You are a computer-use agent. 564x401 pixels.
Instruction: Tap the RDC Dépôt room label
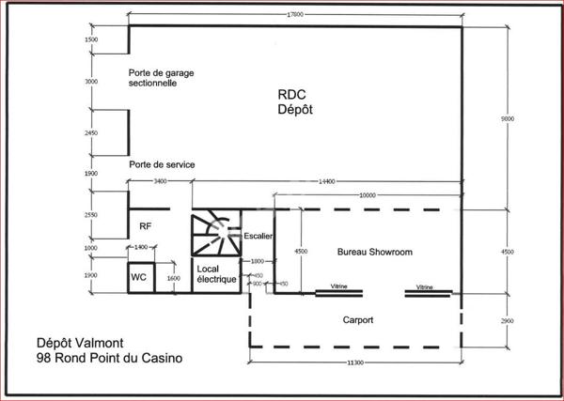pyautogui.click(x=294, y=101)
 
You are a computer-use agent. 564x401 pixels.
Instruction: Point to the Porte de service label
pyautogui.click(x=163, y=164)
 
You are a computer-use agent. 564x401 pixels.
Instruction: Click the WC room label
pyautogui.click(x=137, y=278)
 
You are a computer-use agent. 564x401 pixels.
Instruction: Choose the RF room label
pyautogui.click(x=146, y=226)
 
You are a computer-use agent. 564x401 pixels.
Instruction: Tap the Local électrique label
pyautogui.click(x=217, y=274)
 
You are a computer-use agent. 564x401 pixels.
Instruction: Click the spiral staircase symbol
pyautogui.click(x=214, y=235)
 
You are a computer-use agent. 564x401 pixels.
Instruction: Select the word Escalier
pyautogui.click(x=258, y=236)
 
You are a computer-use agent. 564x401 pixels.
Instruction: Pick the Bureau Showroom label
pyautogui.click(x=374, y=253)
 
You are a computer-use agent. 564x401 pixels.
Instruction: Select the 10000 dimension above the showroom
pyautogui.click(x=368, y=195)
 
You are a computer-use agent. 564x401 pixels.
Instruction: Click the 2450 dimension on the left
pyautogui.click(x=90, y=132)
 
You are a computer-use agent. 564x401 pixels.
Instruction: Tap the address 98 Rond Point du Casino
pyautogui.click(x=109, y=359)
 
